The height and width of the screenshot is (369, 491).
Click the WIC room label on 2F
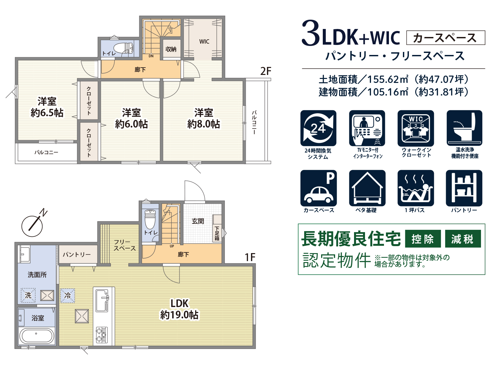tap(204, 41)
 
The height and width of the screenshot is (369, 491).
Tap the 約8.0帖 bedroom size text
tap(203, 124)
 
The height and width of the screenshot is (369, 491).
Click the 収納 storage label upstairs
tap(171, 49)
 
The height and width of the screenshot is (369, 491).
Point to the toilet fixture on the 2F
tap(123, 48)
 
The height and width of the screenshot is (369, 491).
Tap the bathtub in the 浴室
tap(37, 336)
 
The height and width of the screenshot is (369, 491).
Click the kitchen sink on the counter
tap(102, 300)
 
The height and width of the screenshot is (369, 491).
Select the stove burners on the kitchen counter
tap(102, 335)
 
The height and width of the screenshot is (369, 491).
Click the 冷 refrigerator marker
tap(67, 295)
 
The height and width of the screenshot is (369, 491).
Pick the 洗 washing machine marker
tap(28, 295)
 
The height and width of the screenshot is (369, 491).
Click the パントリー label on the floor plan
tap(77, 254)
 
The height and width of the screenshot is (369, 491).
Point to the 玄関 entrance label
tap(198, 221)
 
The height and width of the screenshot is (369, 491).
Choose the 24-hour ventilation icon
tap(318, 128)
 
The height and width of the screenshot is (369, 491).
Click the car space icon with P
tap(318, 188)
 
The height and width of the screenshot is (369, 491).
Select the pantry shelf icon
tap(464, 188)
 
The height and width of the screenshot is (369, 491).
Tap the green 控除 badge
tap(423, 238)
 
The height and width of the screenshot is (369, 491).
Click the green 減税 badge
tap(463, 238)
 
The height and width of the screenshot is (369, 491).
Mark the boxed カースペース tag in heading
tap(445, 38)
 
